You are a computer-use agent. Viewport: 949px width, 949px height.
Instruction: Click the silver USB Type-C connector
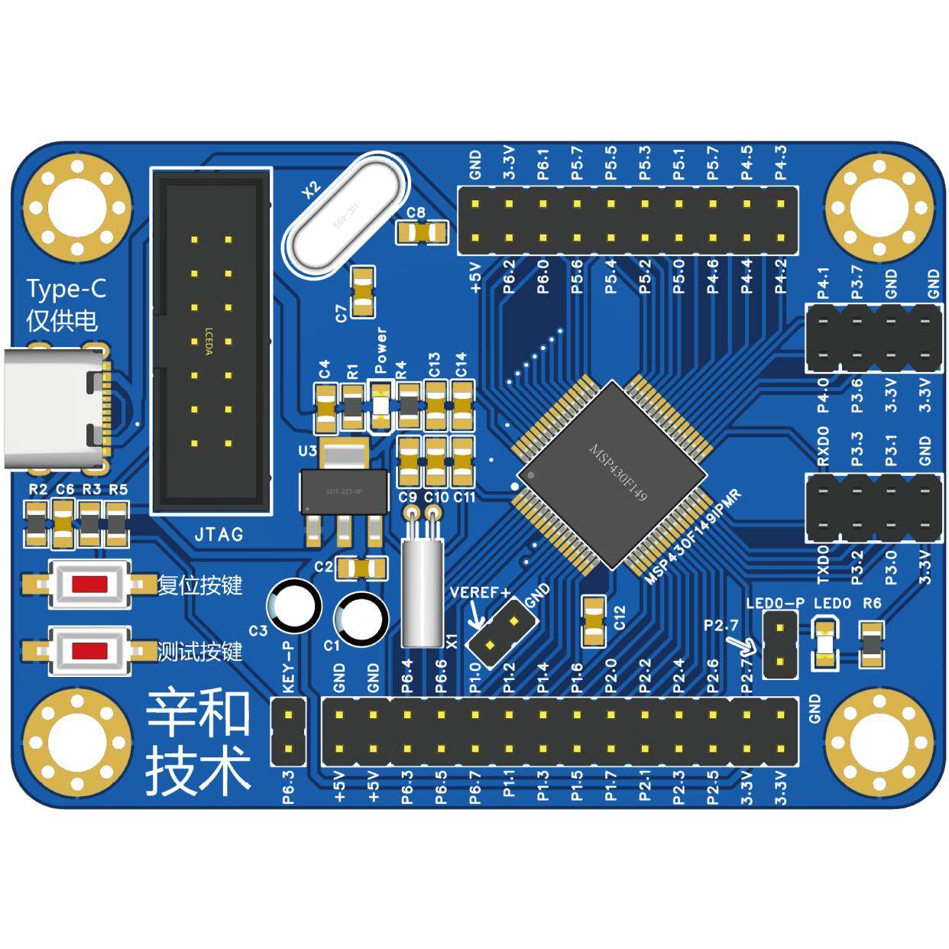coord(53,408)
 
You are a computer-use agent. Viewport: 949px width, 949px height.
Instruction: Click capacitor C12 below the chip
coord(594,621)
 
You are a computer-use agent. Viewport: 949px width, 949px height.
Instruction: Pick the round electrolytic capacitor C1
coord(360,619)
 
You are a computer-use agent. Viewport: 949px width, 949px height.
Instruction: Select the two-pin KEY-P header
coord(289,732)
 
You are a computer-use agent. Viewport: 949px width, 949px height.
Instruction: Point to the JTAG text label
coord(219,534)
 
